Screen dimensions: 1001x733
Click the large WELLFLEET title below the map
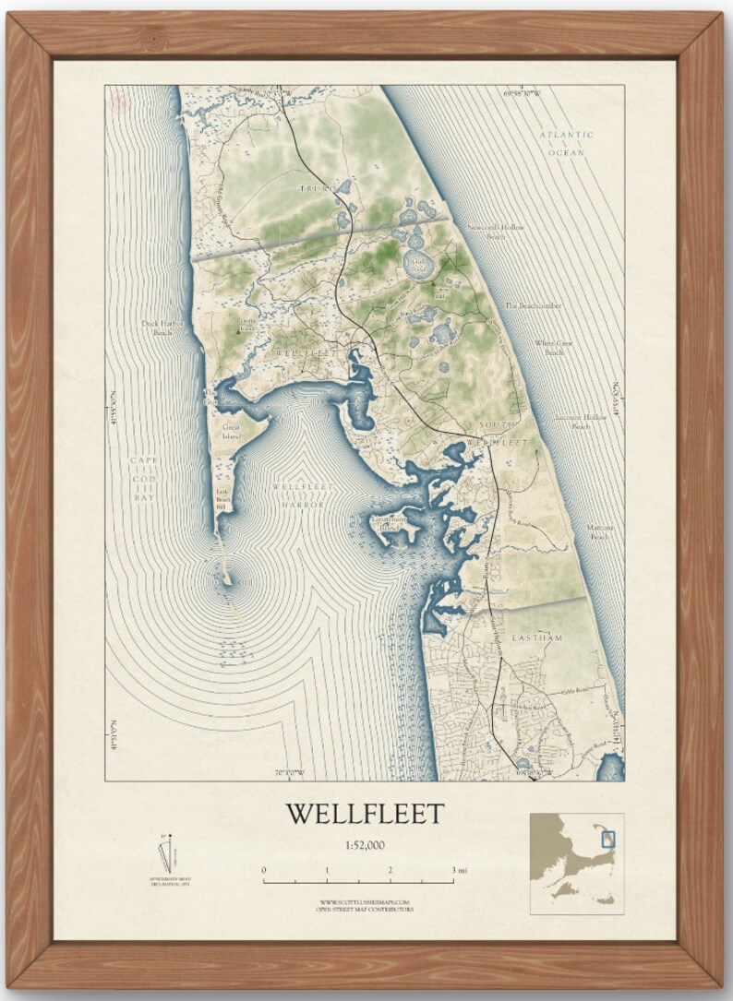(365, 814)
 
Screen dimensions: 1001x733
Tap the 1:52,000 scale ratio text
(365, 844)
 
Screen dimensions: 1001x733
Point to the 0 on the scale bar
(264, 870)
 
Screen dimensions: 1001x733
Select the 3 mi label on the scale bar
(459, 870)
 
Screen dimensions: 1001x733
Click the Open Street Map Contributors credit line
(365, 910)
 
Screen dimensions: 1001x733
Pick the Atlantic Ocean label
(567, 143)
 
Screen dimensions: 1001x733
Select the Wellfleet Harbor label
(298, 495)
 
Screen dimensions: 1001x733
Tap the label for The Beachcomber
(533, 305)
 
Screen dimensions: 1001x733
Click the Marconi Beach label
(601, 531)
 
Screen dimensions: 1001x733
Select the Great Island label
(231, 431)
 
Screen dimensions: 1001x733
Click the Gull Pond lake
(416, 267)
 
